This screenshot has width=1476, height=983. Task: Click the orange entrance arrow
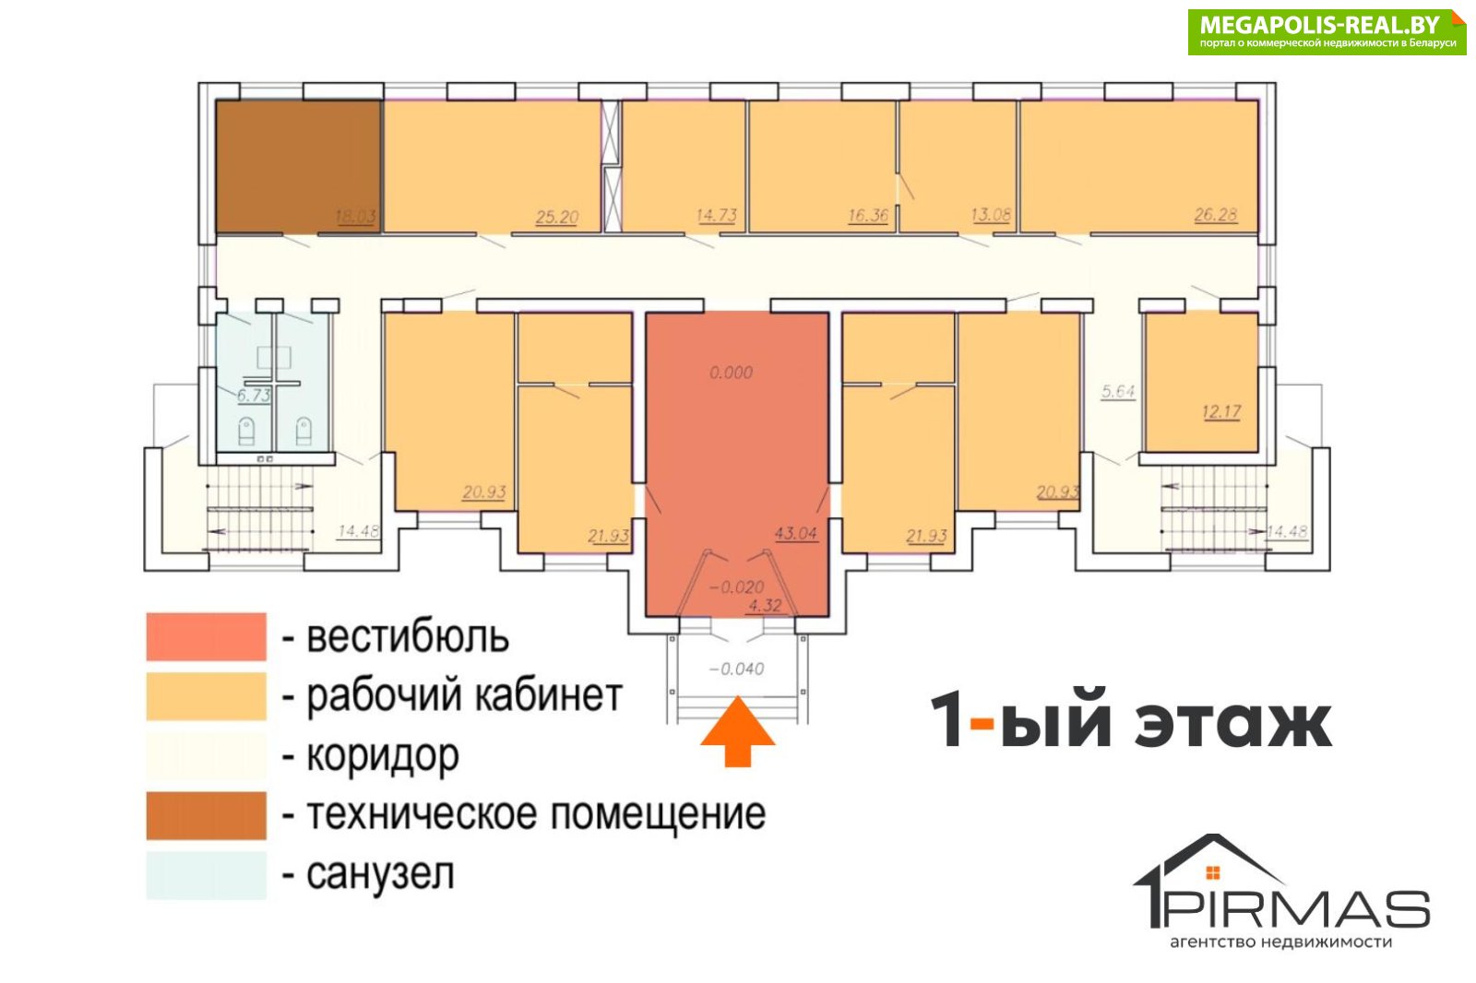[x=737, y=732]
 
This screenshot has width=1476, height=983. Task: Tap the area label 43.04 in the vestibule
[x=796, y=533]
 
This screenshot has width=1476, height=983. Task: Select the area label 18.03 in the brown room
[x=356, y=216]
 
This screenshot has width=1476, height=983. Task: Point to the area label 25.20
[x=557, y=216]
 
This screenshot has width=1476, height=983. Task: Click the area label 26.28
[x=1216, y=215]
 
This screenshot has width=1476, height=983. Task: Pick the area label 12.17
[x=1221, y=412]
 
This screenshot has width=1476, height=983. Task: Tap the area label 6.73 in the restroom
[x=254, y=396]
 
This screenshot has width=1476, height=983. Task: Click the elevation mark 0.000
[x=731, y=373]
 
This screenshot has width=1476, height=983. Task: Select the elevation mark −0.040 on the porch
[x=737, y=669]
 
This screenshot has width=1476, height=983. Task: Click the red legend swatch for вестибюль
[x=207, y=636]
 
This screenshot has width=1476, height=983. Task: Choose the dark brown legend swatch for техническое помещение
[x=207, y=816]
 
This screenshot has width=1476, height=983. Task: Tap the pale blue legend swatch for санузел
[x=207, y=875]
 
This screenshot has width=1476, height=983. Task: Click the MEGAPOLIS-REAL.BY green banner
[x=1327, y=31]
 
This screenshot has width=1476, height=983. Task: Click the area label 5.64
[x=1118, y=391]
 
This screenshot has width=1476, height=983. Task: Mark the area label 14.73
[x=716, y=216]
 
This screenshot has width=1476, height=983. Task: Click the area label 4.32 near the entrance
[x=765, y=605]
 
